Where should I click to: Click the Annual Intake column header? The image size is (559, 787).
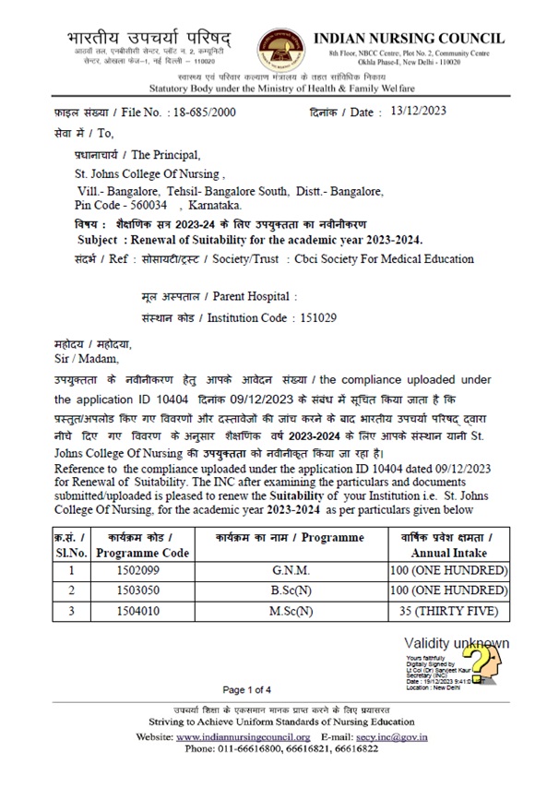coord(446,552)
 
